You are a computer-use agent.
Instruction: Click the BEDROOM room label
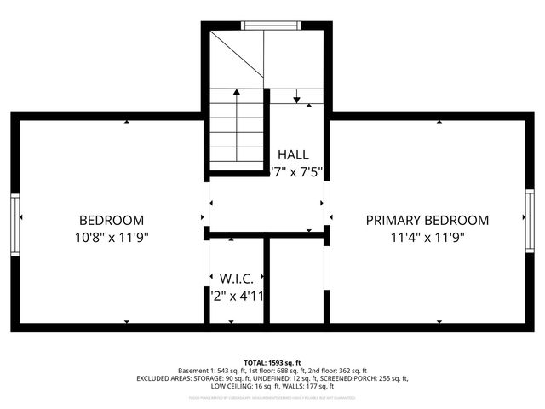[112, 219]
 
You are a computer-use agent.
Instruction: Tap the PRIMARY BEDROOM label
[427, 219]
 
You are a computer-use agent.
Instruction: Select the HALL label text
[293, 155]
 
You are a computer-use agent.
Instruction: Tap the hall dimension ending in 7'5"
[296, 171]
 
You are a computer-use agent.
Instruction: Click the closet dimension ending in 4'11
[238, 296]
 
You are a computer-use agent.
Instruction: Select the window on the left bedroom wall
[15, 223]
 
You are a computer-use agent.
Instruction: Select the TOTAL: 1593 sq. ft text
[272, 362]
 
